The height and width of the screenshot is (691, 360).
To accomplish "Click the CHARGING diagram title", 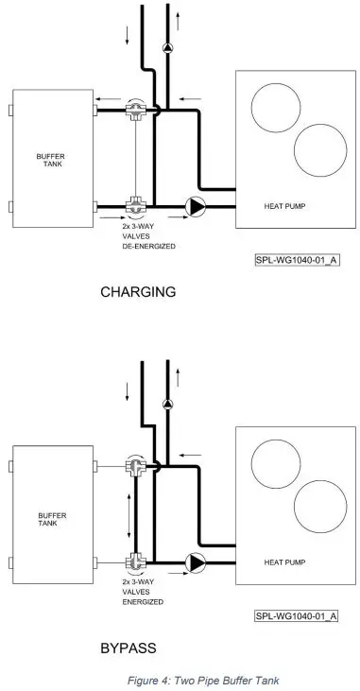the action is point(138,292).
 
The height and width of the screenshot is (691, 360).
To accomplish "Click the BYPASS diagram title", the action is point(128,648).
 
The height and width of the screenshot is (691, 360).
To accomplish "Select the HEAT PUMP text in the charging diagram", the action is point(285,205).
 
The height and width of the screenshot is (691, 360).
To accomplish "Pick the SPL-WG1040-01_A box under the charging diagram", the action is point(296,258).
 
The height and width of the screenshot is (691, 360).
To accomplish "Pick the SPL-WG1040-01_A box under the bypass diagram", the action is point(296,615).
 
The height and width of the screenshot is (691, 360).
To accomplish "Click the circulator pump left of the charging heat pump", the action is point(196,204).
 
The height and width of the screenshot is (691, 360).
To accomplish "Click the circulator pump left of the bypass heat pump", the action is point(196,561).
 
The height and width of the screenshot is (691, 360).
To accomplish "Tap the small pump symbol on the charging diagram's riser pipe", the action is point(167,45).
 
